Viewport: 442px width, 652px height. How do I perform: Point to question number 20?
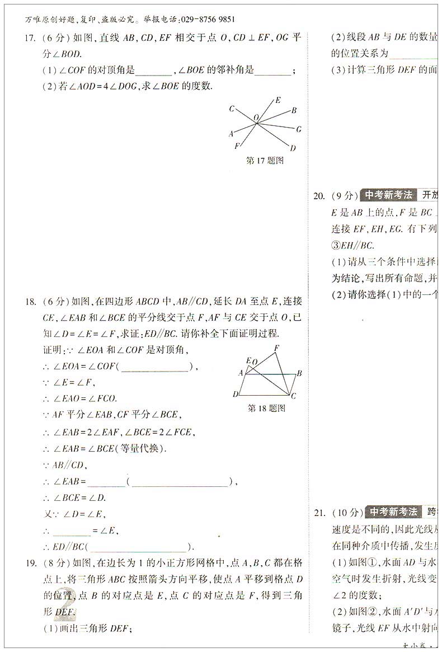point(319,196)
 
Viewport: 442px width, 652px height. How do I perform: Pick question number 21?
point(319,512)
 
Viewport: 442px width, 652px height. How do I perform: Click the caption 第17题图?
point(265,161)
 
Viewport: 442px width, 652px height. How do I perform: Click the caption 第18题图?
point(266,408)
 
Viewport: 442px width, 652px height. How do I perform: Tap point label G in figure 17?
point(299,129)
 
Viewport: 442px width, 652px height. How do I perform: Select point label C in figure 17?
point(232,109)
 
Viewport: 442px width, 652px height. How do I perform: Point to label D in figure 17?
point(293,148)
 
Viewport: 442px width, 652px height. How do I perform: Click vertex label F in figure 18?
point(276,348)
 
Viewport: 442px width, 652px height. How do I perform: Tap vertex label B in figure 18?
point(300,373)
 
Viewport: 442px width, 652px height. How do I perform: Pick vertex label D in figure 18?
point(236,395)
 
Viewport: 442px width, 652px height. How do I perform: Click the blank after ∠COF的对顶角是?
point(153,71)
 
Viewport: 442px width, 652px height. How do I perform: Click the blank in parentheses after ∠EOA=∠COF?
point(154,367)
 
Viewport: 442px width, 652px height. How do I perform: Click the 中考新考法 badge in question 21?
point(392,512)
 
